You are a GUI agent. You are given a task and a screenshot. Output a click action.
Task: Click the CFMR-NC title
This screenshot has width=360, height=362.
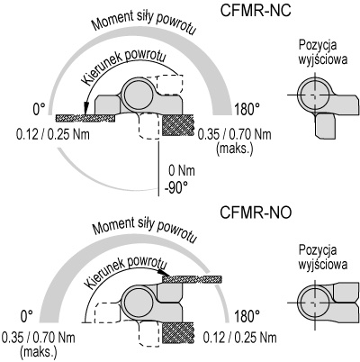tap(256, 11)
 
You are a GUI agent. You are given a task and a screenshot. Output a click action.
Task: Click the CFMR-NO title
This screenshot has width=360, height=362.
tap(256, 213)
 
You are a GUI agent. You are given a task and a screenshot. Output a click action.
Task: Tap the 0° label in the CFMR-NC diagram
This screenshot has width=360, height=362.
tap(39, 109)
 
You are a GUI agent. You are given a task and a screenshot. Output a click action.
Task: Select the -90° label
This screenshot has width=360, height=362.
tap(176, 189)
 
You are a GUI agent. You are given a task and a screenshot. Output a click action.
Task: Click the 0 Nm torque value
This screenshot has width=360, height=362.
tap(182, 171)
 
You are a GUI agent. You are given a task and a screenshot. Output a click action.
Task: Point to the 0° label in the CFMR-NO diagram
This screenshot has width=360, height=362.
tap(27, 316)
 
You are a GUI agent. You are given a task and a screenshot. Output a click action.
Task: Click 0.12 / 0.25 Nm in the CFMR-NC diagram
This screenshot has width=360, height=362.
tap(53, 134)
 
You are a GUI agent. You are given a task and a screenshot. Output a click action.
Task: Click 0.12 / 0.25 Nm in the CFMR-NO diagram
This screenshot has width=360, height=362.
tap(240, 338)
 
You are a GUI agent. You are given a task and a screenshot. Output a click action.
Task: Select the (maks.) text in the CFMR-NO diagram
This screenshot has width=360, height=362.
tap(38, 351)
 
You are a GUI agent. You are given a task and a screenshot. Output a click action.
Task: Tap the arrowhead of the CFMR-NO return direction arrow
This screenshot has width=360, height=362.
tap(164, 273)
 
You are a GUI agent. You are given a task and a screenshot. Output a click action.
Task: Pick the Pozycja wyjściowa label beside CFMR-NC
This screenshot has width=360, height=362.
tap(323, 52)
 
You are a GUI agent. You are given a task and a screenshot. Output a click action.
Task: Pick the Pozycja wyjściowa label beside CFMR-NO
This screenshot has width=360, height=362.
tap(323, 258)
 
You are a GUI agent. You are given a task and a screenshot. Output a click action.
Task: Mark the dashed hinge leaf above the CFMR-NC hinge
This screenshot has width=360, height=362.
tap(169, 85)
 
